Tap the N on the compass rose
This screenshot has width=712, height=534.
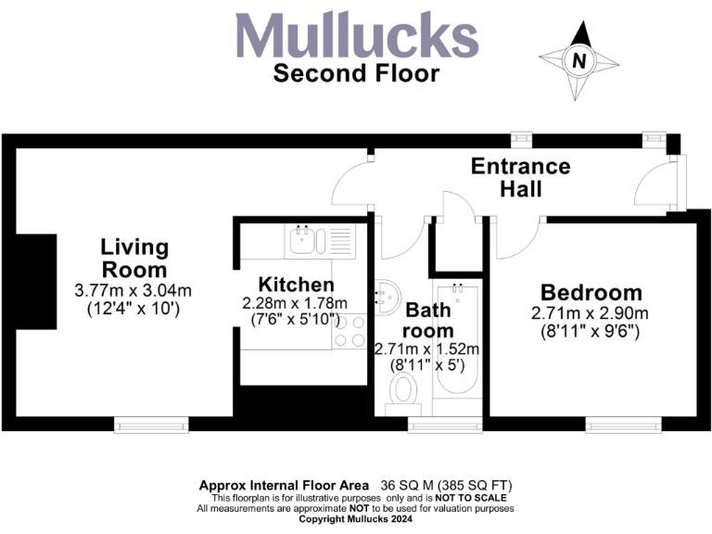(x=580, y=62)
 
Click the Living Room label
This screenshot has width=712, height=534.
(x=135, y=259)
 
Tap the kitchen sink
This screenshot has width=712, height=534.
(x=302, y=242)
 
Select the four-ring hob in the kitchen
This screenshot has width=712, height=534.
(x=350, y=331)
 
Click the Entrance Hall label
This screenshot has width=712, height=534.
(x=520, y=177)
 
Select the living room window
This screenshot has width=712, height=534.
(x=150, y=425)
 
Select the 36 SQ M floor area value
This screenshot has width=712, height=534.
(x=407, y=486)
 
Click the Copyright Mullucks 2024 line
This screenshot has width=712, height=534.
(x=356, y=521)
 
